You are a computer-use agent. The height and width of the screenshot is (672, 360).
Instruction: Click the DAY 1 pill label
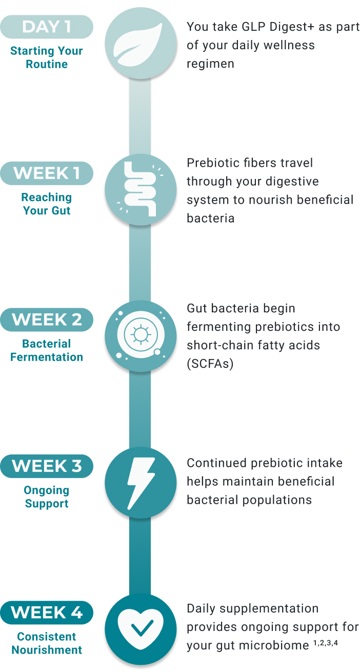47,27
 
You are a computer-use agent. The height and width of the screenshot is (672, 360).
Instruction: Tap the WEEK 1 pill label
47,173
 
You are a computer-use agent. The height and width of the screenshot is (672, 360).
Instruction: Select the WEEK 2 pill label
47,320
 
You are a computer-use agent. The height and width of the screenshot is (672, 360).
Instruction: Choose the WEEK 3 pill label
47,466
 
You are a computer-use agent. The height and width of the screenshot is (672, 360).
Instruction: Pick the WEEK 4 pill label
47,612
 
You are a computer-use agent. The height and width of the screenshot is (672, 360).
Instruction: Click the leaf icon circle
141,44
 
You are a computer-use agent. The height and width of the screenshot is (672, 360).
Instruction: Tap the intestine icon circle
141,190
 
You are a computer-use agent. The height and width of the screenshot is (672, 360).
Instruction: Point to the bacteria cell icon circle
141,337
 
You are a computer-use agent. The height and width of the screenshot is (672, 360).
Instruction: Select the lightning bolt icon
141,483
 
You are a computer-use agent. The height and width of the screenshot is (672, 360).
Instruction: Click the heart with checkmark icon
141,628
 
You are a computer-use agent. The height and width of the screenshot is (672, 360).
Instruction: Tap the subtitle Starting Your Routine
47,57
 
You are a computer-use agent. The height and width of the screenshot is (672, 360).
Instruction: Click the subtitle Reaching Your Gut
47,204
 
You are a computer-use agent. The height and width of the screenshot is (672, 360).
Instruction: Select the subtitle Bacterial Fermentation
47,350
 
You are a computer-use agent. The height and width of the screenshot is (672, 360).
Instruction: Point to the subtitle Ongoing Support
47,497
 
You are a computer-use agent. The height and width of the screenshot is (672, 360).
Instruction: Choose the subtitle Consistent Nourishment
47,643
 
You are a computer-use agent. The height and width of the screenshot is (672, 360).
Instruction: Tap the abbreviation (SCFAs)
210,364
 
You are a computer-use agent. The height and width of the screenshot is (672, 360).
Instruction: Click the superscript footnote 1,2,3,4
326,643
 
